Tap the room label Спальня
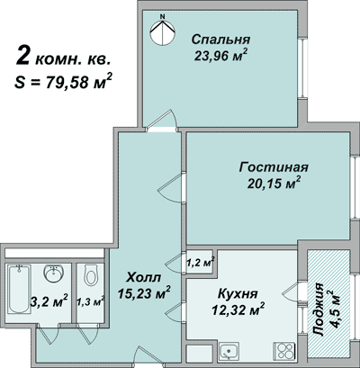220,39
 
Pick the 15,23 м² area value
144,292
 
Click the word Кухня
238,293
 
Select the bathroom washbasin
51,272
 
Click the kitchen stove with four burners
286,350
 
